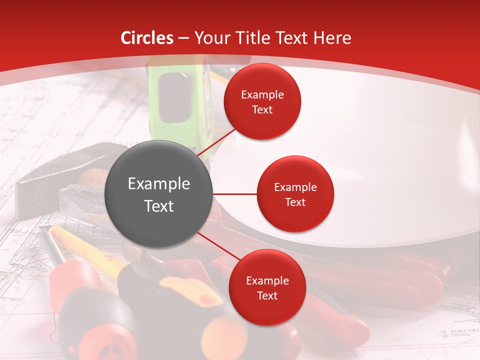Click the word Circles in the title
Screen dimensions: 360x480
pos(147,38)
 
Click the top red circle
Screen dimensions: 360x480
pos(262,101)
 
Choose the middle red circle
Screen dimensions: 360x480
pos(295,194)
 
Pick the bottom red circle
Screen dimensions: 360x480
pos(267,287)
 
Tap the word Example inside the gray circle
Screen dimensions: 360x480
pos(159,184)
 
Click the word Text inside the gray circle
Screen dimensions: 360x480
pos(159,206)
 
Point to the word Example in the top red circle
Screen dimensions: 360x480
pos(262,95)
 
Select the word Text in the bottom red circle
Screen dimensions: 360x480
pos(267,295)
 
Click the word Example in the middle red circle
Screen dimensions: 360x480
pos(295,187)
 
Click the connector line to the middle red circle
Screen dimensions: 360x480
pos(235,194)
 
